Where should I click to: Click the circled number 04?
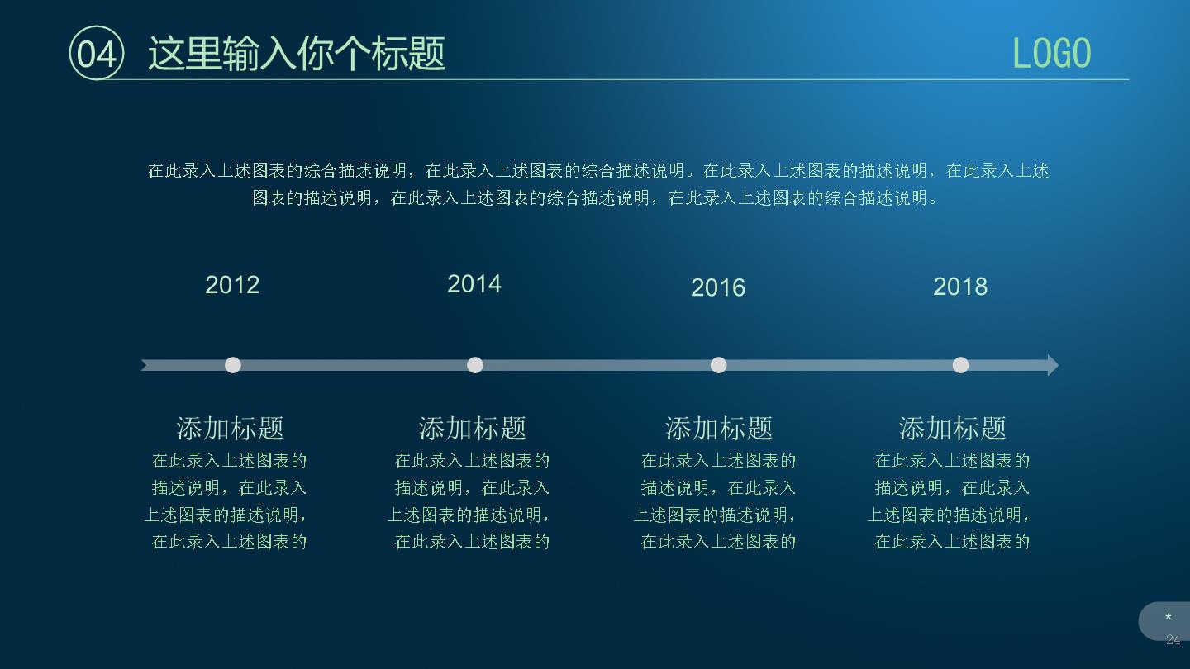(x=97, y=53)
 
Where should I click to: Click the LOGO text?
(x=1051, y=53)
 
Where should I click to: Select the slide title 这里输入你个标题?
(x=297, y=54)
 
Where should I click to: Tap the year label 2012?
(x=232, y=285)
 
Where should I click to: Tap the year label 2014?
(x=474, y=284)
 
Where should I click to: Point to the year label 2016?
(x=718, y=287)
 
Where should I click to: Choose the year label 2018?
(x=960, y=287)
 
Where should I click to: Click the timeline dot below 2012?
(x=233, y=365)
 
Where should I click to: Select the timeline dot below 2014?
(x=475, y=365)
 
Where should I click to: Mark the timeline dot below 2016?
(x=719, y=365)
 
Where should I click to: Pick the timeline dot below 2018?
(x=960, y=365)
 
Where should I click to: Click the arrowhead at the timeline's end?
(x=1053, y=365)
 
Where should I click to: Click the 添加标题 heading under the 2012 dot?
(x=230, y=429)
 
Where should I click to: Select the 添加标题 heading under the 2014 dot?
(x=473, y=429)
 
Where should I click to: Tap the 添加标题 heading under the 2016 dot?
(x=719, y=429)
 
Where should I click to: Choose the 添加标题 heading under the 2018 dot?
(x=953, y=429)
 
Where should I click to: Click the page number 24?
(x=1173, y=639)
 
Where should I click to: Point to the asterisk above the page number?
(x=1169, y=617)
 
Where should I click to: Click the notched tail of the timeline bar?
(x=145, y=365)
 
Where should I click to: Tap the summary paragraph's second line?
(x=595, y=198)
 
